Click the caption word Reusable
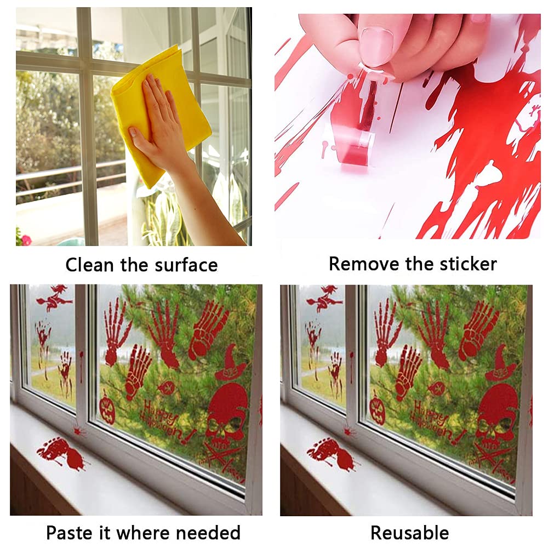click(x=409, y=532)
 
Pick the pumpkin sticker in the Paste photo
click(x=107, y=408)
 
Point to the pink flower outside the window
click(x=25, y=239)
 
